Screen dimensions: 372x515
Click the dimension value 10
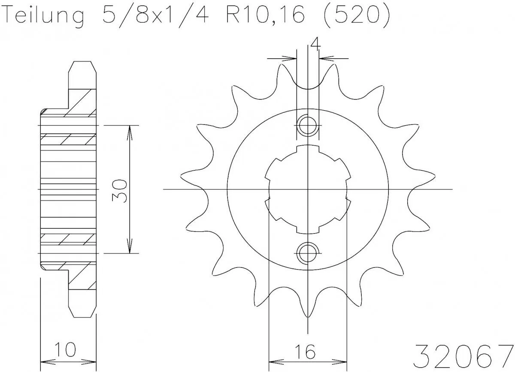pyautogui.click(x=65, y=349)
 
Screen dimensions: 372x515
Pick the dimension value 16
pyautogui.click(x=307, y=352)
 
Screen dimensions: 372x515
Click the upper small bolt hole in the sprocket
pyautogui.click(x=307, y=126)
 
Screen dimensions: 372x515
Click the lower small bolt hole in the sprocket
pyautogui.click(x=307, y=253)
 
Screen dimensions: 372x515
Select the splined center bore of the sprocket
pyautogui.click(x=307, y=189)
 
